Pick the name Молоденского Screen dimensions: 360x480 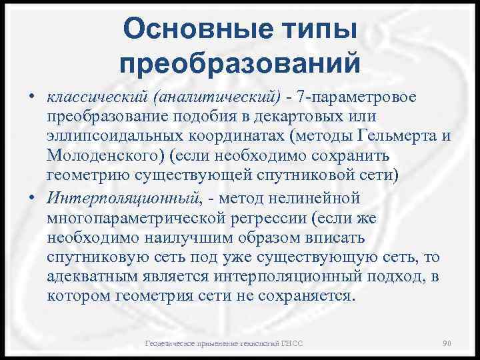(104, 155)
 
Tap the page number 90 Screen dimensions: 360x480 (448, 343)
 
